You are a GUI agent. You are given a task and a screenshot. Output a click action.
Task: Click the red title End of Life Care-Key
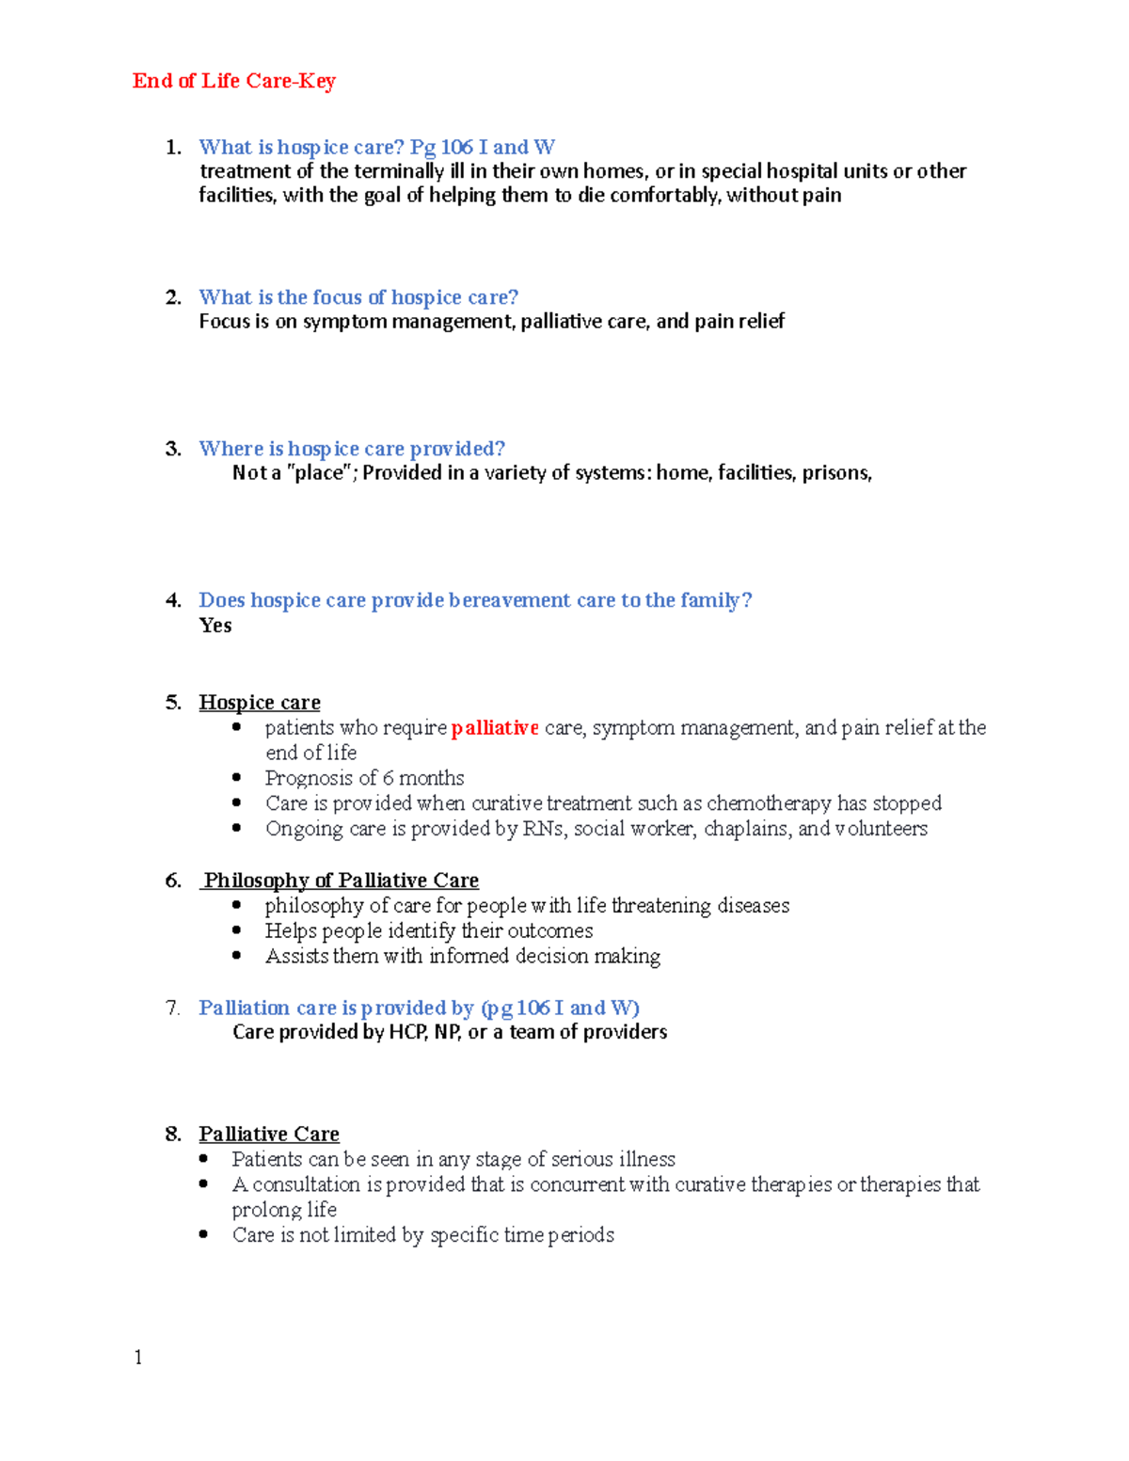233,81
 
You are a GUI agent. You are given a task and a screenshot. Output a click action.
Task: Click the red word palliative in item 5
494,727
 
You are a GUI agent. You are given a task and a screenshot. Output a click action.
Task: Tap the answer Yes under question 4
215,626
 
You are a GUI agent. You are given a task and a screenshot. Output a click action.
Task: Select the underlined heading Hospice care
260,703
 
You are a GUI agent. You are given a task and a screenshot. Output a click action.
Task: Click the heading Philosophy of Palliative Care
341,881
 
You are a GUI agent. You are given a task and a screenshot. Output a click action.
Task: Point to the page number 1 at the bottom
138,1357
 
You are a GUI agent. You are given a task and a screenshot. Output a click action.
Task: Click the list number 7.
172,1008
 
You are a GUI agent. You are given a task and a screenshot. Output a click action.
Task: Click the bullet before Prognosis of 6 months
237,777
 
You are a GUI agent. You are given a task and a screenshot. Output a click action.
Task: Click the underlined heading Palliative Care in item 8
269,1134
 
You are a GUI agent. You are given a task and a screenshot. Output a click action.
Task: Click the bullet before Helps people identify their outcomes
237,929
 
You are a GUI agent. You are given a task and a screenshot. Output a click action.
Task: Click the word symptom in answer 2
344,322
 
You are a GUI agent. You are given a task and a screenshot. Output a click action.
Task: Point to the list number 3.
172,449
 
